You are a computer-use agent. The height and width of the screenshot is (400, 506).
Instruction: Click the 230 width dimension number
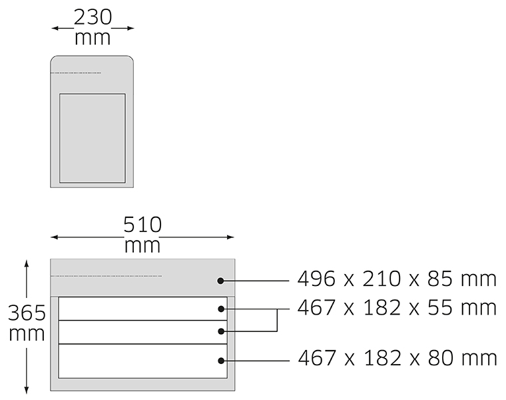(93, 17)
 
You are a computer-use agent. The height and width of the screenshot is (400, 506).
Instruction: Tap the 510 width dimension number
(142, 225)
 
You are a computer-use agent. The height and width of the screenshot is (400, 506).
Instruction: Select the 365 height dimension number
(27, 313)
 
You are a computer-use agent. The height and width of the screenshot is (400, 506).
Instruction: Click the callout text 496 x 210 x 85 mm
(397, 279)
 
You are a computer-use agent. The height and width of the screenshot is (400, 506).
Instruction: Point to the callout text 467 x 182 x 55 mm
(397, 307)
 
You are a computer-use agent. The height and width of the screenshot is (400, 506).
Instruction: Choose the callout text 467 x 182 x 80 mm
(397, 358)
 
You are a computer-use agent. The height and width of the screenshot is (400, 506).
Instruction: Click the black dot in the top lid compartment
(220, 281)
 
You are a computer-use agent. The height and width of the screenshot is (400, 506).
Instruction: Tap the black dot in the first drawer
(221, 309)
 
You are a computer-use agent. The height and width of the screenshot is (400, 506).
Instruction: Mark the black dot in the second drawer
(221, 331)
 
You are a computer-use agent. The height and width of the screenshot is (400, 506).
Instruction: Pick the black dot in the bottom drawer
(221, 361)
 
